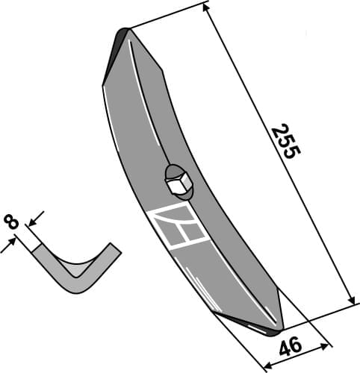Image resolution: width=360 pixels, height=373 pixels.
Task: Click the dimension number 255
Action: click(285, 142)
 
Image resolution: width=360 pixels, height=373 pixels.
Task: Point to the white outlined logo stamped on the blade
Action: click(179, 226)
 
